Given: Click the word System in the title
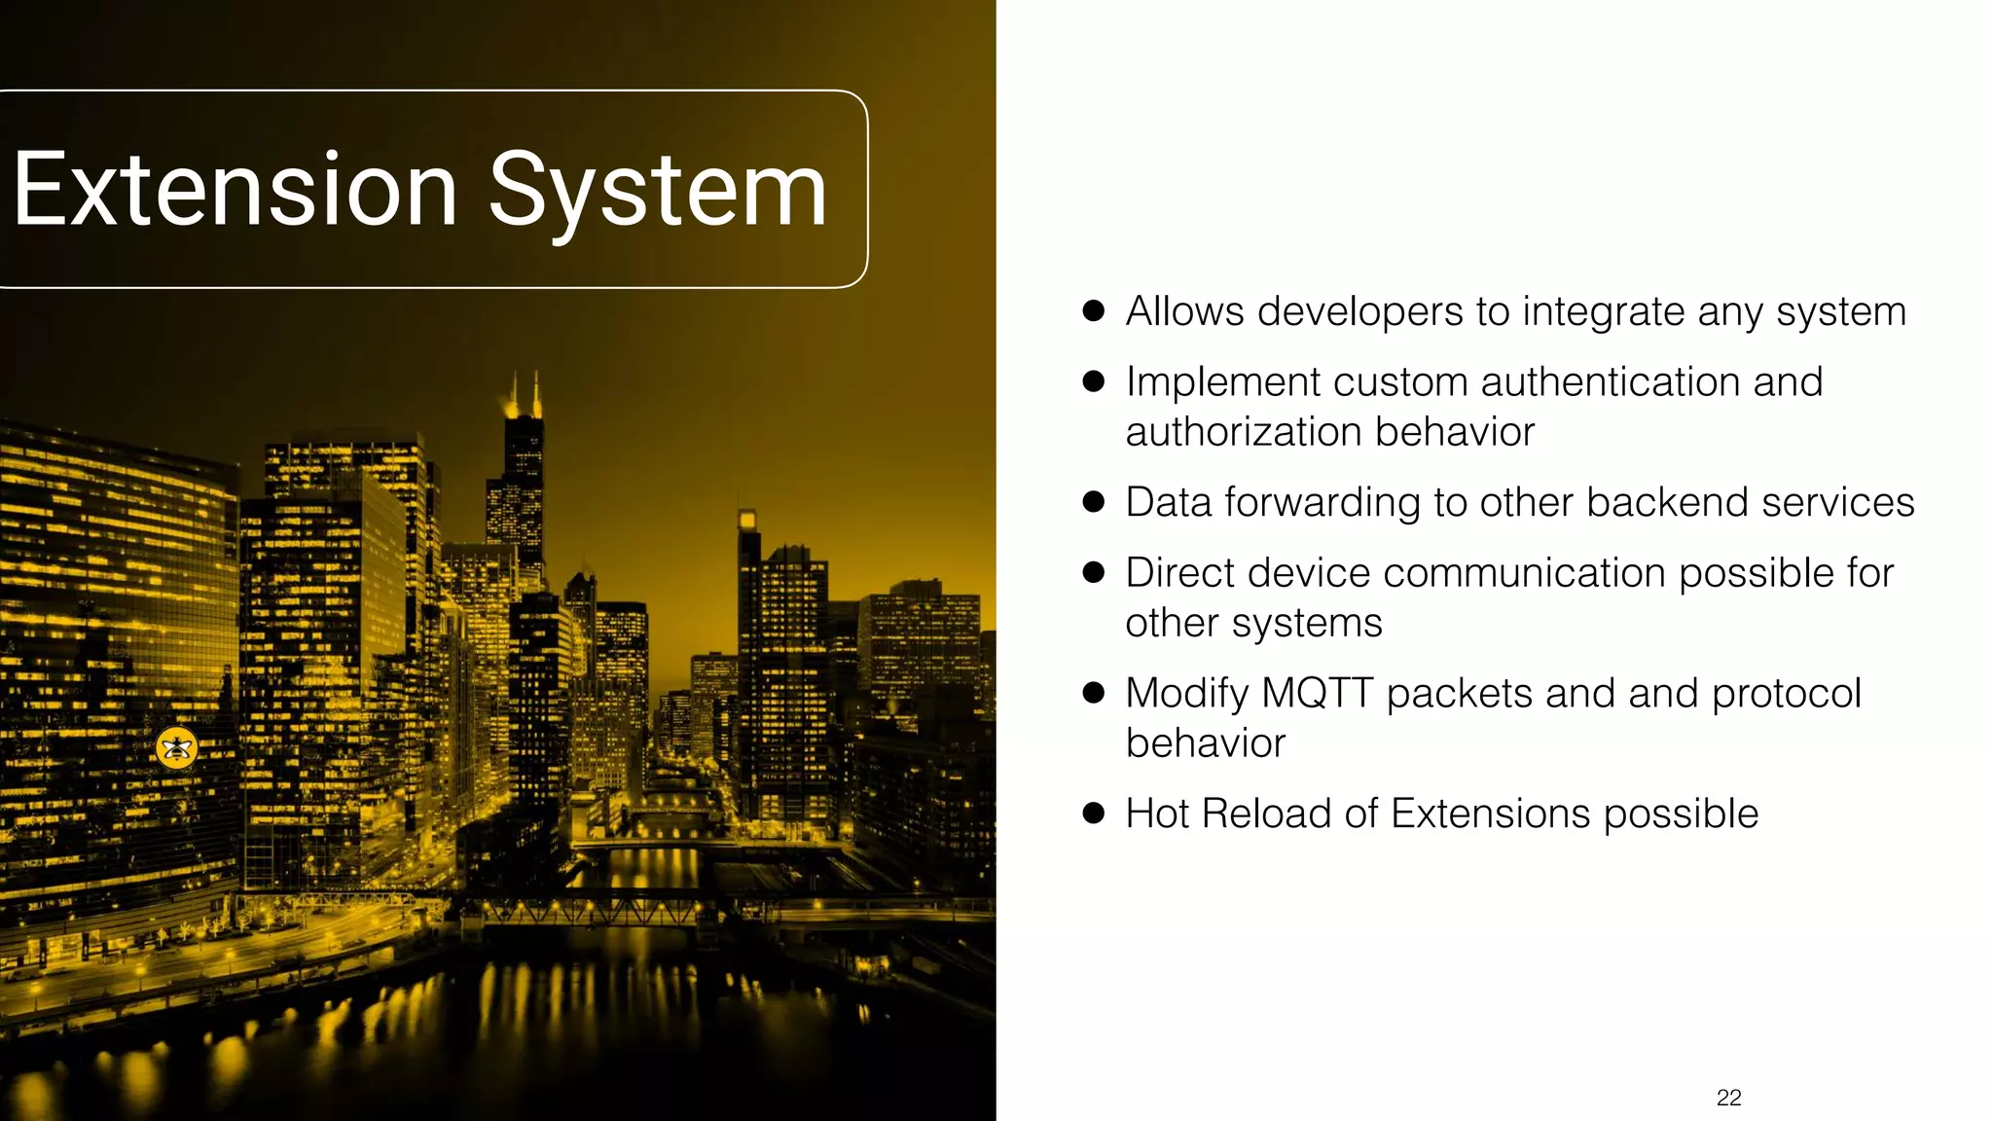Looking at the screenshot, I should [658, 192].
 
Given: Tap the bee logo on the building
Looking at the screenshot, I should [177, 747].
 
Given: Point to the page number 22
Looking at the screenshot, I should [1729, 1098].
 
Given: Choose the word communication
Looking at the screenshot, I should [1525, 573].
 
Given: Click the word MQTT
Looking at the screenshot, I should [1318, 694].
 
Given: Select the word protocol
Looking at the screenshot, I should [1787, 694].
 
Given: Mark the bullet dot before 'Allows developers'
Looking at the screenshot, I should [1094, 311].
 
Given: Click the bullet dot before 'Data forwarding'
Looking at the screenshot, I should [1094, 502].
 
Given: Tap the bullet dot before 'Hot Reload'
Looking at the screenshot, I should [1094, 814].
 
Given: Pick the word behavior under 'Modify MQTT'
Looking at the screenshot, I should [1206, 743].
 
